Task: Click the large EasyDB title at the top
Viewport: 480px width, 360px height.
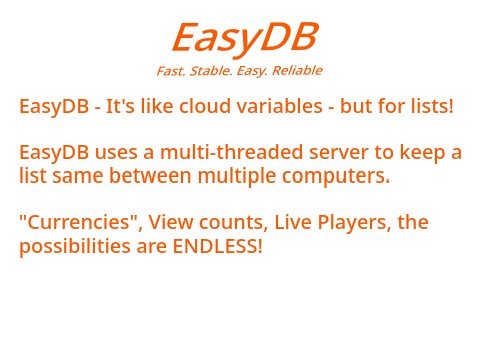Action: coord(244,38)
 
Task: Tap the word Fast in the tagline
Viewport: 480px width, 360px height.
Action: coord(170,71)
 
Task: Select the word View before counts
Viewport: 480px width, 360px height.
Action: coord(171,222)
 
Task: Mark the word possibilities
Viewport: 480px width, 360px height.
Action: coord(67,246)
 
